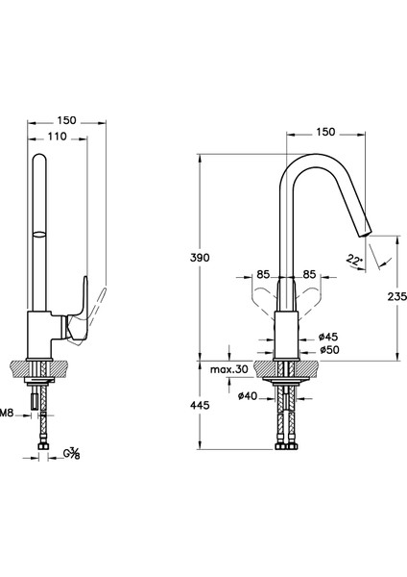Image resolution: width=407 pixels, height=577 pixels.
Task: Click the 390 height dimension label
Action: click(200, 258)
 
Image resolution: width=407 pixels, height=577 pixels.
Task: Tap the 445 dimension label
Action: click(200, 405)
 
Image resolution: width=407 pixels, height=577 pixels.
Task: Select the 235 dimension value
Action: click(397, 296)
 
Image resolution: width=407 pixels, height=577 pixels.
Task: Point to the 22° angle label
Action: click(354, 261)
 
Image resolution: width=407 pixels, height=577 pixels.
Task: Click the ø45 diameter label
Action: click(328, 337)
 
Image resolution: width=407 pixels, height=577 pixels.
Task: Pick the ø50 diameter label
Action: click(329, 350)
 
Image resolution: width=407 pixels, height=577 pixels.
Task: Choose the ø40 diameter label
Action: click(248, 396)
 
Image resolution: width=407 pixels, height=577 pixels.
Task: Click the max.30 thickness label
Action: click(229, 369)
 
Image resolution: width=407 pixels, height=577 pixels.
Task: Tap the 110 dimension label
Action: click(58, 137)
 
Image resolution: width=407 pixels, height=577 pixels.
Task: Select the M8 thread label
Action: click(7, 413)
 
